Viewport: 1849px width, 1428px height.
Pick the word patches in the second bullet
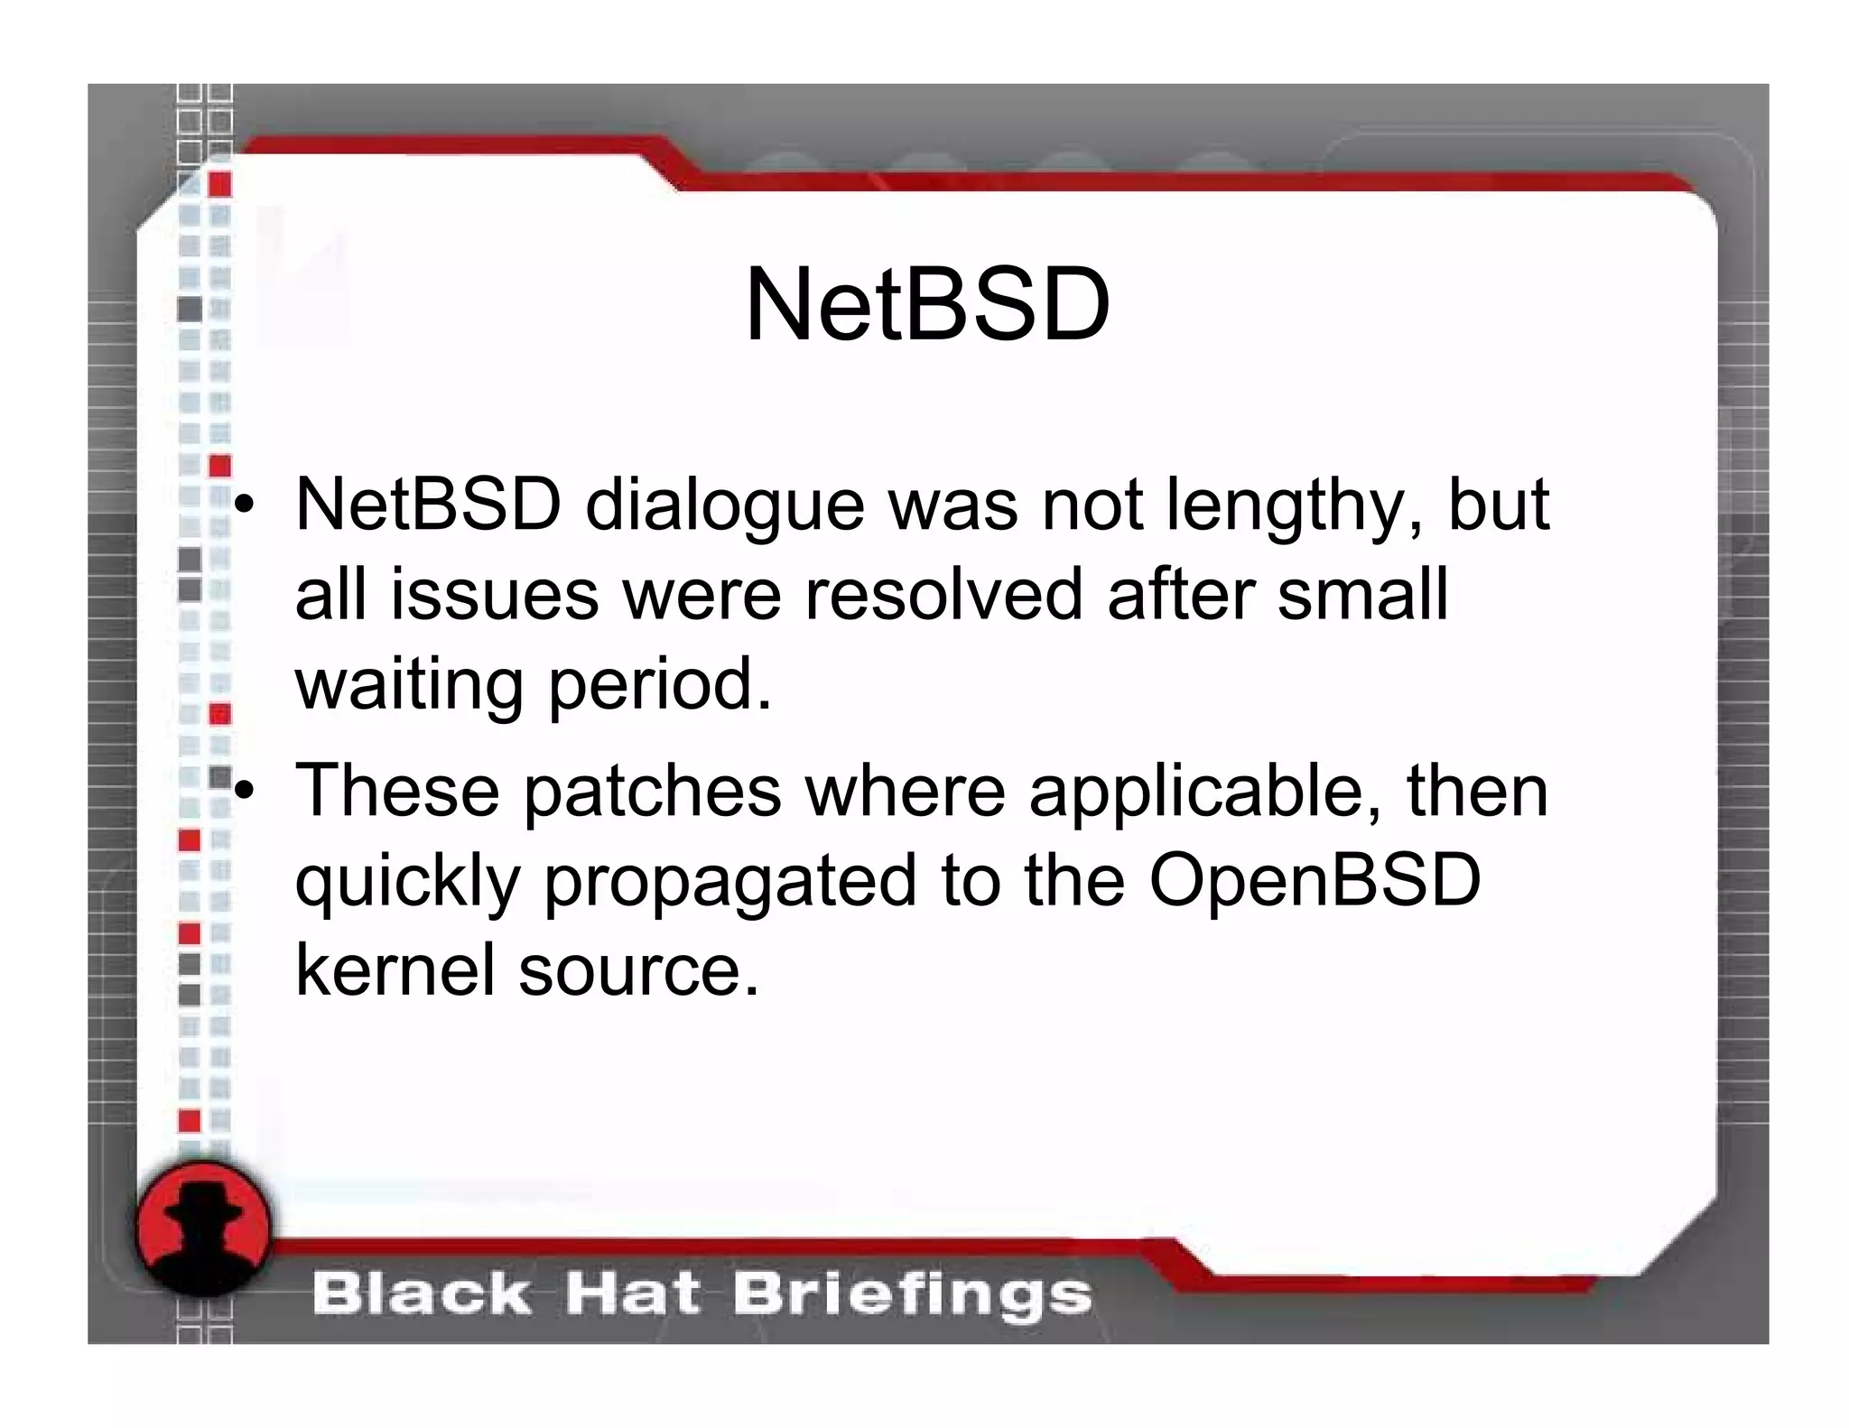tap(652, 792)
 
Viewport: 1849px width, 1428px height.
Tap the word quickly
tap(408, 882)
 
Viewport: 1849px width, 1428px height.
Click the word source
tap(639, 971)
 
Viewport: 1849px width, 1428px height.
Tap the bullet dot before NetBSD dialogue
tap(244, 506)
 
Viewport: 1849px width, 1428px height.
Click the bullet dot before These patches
tap(244, 792)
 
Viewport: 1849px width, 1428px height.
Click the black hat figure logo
tap(204, 1229)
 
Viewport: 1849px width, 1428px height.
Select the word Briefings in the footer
tap(912, 1295)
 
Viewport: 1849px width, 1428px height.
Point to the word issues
tap(494, 595)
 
